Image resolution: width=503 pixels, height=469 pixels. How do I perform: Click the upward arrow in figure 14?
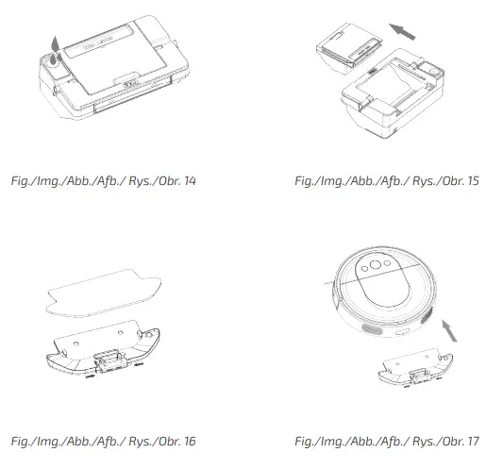point(53,41)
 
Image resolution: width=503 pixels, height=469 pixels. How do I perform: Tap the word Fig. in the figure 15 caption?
point(306,179)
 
